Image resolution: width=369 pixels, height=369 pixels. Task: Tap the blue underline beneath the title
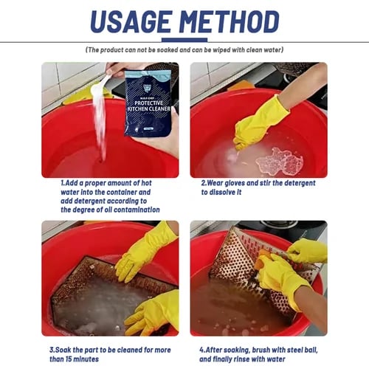pyautogui.click(x=184, y=40)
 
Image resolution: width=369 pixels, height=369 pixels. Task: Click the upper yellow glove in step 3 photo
pyautogui.click(x=148, y=251)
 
